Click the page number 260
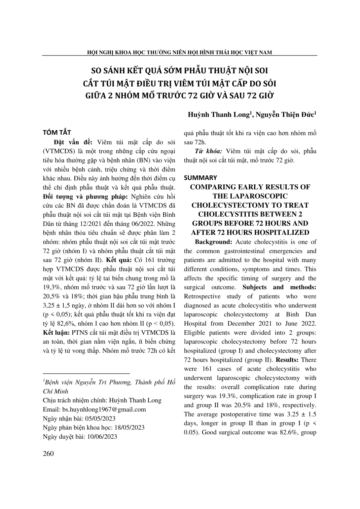coord(48,454)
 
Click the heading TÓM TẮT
coord(57,133)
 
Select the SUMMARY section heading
coord(200,178)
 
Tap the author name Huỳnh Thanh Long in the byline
coord(218,115)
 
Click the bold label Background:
coord(213,242)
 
